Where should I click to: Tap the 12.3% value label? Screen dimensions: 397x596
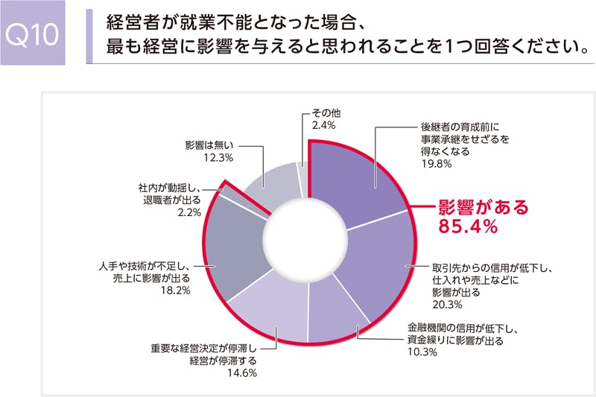219,158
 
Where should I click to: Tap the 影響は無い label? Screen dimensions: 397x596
210,144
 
